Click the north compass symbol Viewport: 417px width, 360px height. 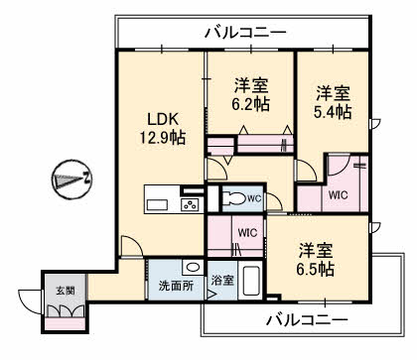point(70,180)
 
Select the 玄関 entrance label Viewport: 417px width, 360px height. point(64,291)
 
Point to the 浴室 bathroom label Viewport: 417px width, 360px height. point(222,281)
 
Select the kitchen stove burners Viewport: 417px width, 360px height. point(189,204)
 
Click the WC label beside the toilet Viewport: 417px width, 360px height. point(254,198)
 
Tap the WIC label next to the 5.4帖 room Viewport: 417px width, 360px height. point(338,195)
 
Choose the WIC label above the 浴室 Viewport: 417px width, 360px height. point(247,234)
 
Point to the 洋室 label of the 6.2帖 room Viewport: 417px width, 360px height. point(251,83)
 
